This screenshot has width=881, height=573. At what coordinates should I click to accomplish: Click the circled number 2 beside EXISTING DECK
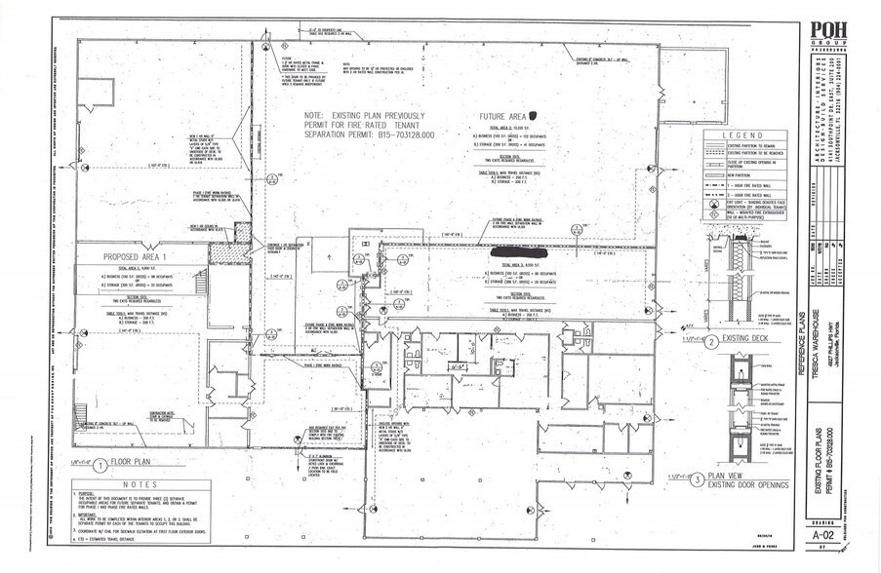712,342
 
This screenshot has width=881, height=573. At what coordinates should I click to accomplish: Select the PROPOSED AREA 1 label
138,257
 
